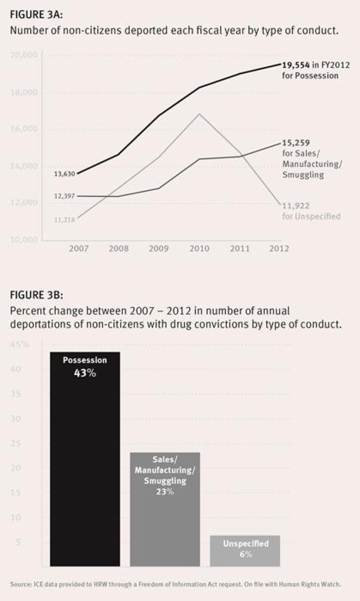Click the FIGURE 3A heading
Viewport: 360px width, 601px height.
coord(36,14)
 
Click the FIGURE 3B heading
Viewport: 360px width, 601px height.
coord(36,295)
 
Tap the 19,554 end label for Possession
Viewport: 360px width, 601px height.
coord(296,65)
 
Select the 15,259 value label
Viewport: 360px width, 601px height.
coord(296,143)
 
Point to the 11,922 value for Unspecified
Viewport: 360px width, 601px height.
coord(296,206)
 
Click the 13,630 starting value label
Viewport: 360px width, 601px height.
coord(64,174)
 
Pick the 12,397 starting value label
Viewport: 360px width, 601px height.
coord(64,196)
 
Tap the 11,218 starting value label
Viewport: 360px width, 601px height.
coord(64,220)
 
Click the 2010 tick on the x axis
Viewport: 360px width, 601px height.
coord(199,249)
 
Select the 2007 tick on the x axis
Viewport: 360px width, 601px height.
coord(79,249)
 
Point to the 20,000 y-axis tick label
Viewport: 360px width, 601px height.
coord(24,55)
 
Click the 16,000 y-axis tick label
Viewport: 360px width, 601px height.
coord(24,129)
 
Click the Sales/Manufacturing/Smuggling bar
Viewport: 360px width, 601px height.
coord(165,526)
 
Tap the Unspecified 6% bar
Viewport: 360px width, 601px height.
coord(245,550)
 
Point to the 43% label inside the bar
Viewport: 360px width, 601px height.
coord(85,373)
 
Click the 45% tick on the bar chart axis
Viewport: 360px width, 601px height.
coord(19,345)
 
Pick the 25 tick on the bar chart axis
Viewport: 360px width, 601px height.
coord(16,443)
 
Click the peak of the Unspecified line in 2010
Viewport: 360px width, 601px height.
coord(199,114)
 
